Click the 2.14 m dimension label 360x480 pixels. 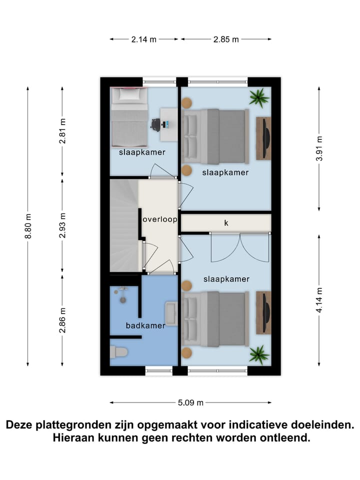pos(144,39)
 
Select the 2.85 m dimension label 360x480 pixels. pos(225,39)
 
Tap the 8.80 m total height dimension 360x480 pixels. pos(28,226)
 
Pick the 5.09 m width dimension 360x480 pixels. pos(190,402)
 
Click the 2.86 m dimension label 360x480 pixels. pos(62,320)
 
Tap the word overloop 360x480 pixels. pos(159,219)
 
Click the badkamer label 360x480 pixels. pos(145,325)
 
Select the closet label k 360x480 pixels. pos(226,223)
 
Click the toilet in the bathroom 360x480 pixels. pos(118,351)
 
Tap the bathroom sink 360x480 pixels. pos(171,313)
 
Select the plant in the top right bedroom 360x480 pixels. pos(259,97)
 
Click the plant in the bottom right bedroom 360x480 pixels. pos(259,354)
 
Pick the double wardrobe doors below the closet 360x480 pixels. pos(240,248)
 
